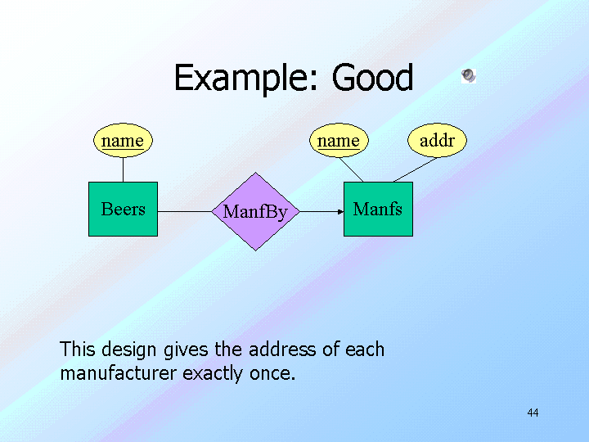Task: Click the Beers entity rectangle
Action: click(x=123, y=209)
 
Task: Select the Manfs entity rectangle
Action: click(x=378, y=209)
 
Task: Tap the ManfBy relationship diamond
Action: click(x=256, y=211)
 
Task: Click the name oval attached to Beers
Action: click(x=123, y=141)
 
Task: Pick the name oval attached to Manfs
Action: click(x=339, y=141)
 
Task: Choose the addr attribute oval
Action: click(x=437, y=141)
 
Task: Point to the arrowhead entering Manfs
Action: click(x=339, y=211)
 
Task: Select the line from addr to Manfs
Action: click(x=415, y=169)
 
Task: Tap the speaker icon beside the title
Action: click(x=468, y=75)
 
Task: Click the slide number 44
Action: click(x=533, y=413)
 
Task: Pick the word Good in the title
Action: click(x=372, y=79)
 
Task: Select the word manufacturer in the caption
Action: click(x=119, y=374)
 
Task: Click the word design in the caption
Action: click(x=129, y=350)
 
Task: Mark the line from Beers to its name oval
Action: click(x=123, y=167)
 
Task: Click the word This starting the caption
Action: click(x=78, y=350)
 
